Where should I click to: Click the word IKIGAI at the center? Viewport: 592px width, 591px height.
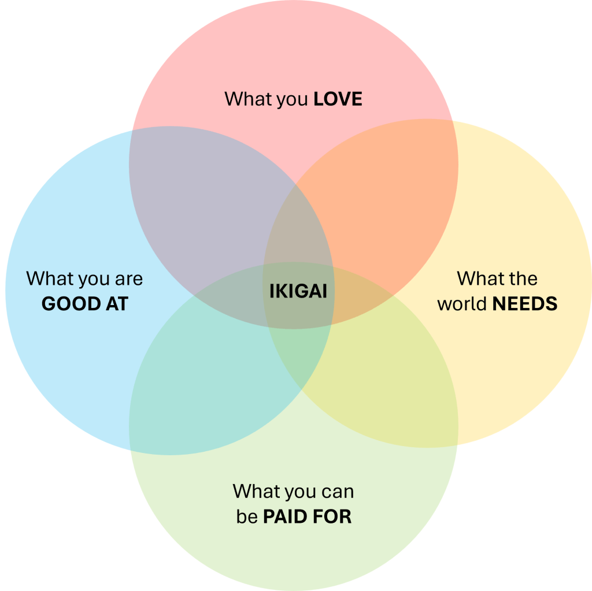[298, 291]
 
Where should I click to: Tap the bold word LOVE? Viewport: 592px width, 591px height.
[338, 99]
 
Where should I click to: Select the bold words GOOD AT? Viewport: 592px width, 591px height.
[84, 304]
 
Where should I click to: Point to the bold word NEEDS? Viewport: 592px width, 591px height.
[525, 304]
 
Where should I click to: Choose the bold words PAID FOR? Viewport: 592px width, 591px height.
[307, 516]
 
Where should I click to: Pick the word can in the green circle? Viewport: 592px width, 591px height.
[337, 492]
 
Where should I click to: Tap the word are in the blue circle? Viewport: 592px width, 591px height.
[128, 279]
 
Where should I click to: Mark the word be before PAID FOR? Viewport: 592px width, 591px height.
[247, 516]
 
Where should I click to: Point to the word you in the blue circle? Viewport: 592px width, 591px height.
[94, 279]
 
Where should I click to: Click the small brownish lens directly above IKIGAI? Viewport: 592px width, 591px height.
[297, 231]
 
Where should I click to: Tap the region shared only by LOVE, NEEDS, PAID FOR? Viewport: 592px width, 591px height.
[361, 295]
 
